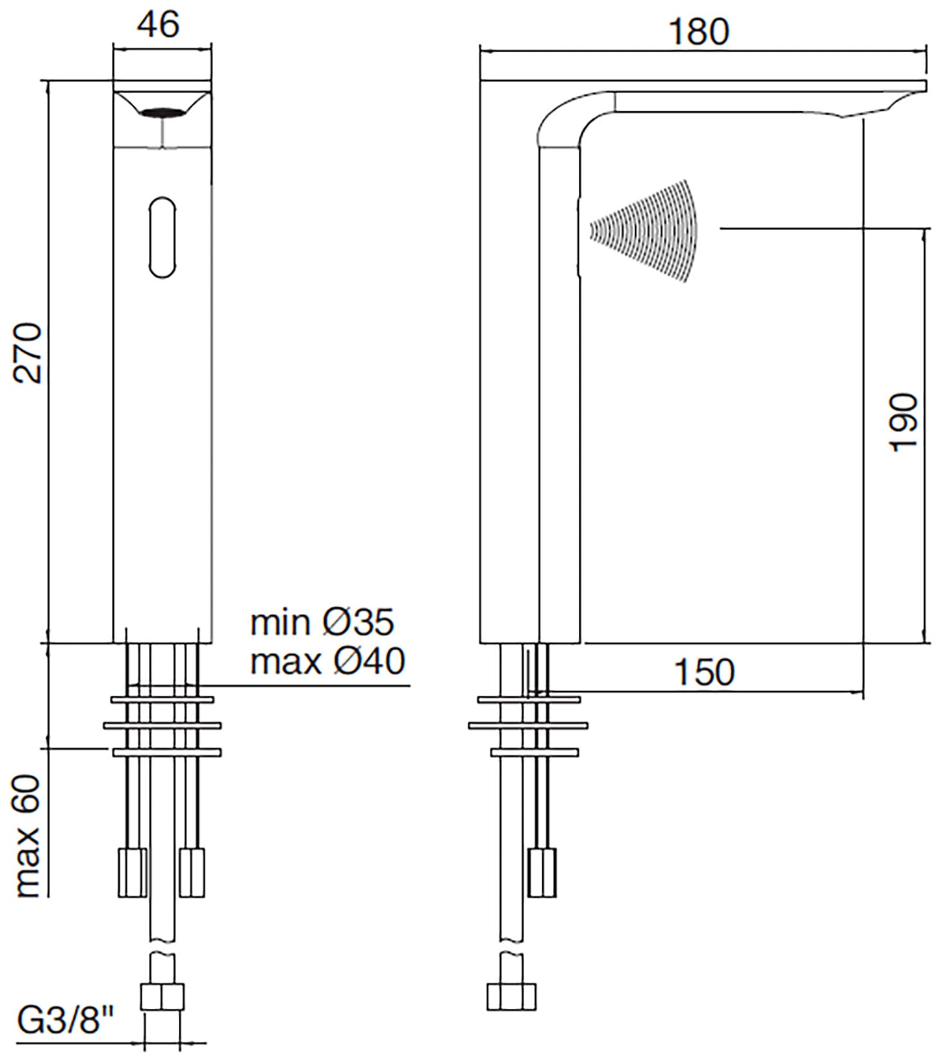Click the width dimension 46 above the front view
(159, 25)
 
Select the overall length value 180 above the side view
(699, 32)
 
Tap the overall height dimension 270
(30, 354)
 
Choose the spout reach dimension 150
(704, 673)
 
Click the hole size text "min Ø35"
(322, 622)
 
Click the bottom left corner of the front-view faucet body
(113, 642)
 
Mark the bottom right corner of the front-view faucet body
(212, 642)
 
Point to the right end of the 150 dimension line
(863, 693)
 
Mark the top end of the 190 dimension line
(925, 228)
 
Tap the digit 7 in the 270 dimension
(30, 354)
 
